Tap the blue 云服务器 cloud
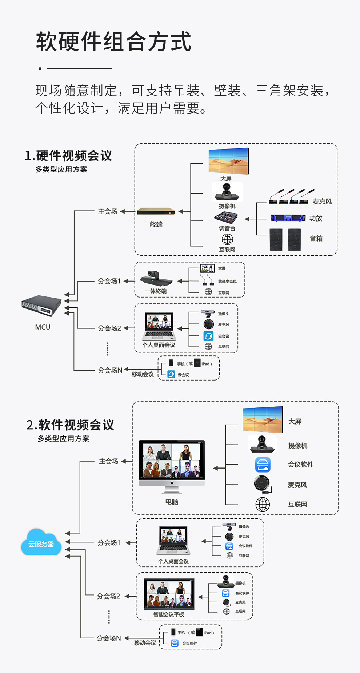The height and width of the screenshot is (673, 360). coord(41,543)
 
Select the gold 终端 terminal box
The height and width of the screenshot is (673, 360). coord(156,211)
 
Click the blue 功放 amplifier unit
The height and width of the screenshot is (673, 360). coord(288,218)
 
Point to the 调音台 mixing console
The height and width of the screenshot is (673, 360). coord(226,218)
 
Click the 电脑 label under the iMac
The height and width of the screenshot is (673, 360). coord(172,502)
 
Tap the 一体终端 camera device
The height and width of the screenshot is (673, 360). coord(156,279)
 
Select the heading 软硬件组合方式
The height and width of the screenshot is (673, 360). coord(113,41)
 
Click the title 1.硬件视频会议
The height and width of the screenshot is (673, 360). coord(68,156)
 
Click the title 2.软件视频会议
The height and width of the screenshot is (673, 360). coord(70,425)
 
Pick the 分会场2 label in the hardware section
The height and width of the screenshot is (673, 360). coord(109,328)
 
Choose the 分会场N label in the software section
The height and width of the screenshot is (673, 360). coord(108,638)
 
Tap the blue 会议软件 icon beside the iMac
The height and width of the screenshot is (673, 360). coord(263,465)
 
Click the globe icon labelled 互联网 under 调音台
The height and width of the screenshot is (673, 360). coord(227,239)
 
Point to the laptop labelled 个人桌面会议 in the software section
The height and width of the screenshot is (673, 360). coord(173,540)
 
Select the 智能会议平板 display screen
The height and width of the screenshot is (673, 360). coord(169,594)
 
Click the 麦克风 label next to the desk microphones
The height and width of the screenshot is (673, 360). coord(322,202)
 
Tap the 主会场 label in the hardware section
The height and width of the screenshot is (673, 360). coord(108,211)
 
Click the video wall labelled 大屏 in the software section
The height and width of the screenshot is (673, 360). coord(263,419)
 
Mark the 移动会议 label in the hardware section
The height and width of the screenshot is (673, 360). coord(143,374)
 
